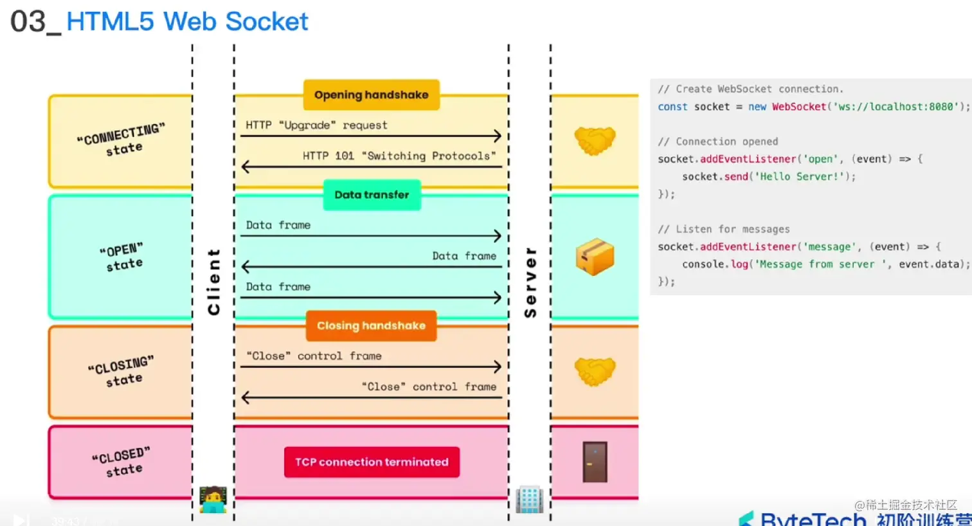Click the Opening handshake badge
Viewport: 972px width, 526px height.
[x=371, y=95]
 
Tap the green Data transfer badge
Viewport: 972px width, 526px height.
[x=372, y=195]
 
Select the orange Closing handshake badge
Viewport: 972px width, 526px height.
[x=371, y=326]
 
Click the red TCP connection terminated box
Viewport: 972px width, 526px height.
[x=372, y=462]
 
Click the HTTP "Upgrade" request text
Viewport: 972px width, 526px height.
[x=316, y=125]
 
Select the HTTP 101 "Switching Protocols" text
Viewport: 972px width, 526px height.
[x=399, y=156]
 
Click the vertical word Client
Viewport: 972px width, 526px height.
[x=213, y=282]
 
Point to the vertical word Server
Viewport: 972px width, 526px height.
[x=530, y=282]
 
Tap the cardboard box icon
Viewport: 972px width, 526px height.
[x=595, y=257]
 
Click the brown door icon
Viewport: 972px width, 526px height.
[x=595, y=462]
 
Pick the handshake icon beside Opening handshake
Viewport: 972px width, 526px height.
[x=595, y=140]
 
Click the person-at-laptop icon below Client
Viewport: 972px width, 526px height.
[x=213, y=500]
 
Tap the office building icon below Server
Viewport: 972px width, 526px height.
[x=530, y=500]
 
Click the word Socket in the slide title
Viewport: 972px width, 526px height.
[x=267, y=22]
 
